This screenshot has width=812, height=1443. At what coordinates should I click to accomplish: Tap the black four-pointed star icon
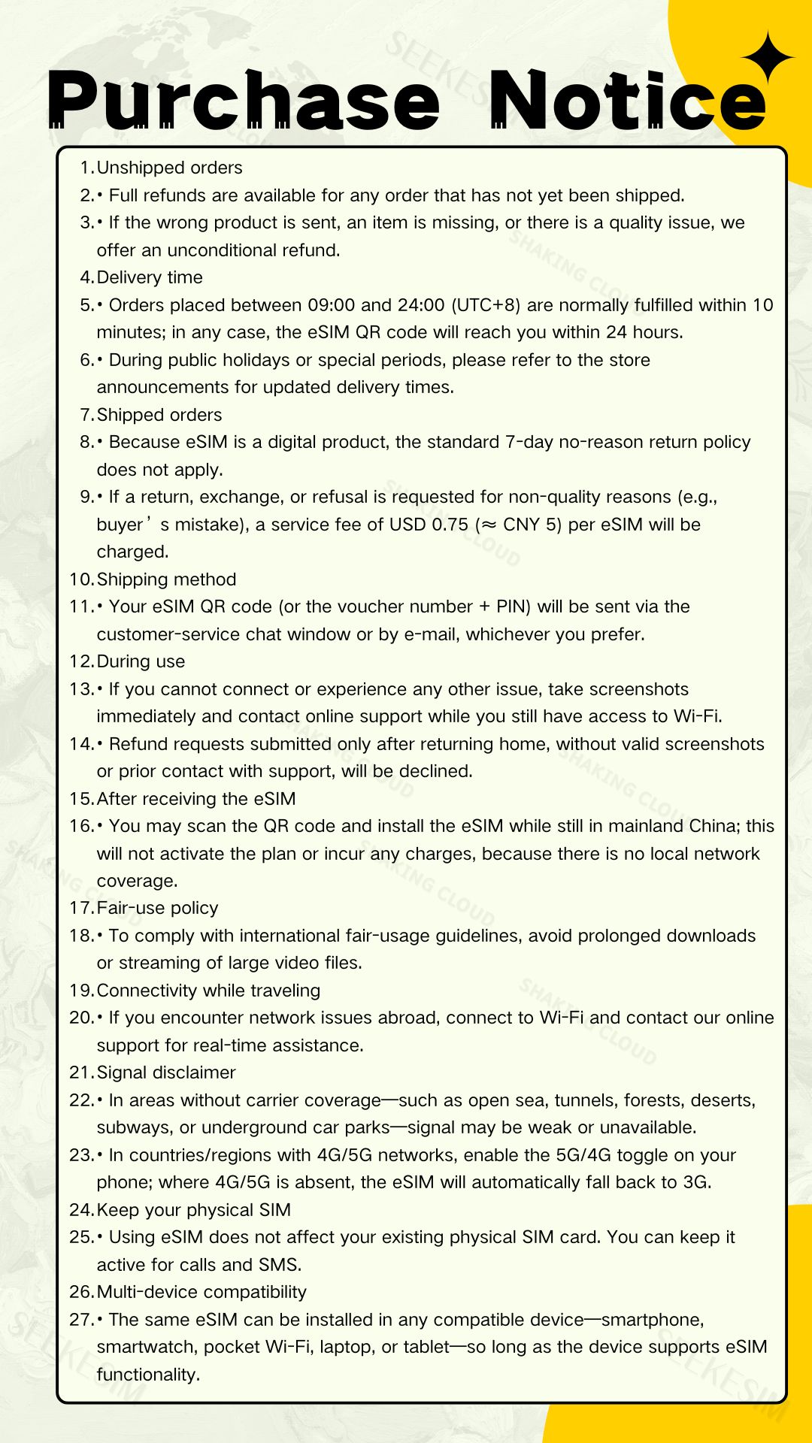coord(767,56)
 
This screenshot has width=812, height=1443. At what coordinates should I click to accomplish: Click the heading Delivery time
coord(150,277)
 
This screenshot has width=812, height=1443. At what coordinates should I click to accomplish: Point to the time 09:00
coord(331,305)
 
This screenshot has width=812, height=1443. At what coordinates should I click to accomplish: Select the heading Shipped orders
coord(159,415)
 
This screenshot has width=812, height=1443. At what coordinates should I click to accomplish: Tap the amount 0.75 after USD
coord(450,525)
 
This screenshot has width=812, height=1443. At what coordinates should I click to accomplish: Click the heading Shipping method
coord(166,579)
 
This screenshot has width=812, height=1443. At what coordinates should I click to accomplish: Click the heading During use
coord(141,661)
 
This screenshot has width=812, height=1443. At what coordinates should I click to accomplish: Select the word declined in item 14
coord(439,771)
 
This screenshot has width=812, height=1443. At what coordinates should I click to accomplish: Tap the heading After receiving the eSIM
coord(196,799)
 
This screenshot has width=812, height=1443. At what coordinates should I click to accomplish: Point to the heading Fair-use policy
coord(157,908)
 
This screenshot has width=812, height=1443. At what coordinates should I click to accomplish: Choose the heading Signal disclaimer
coord(166,1072)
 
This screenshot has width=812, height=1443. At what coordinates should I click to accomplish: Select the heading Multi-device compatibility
coord(201,1292)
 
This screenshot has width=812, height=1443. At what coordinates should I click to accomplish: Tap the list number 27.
coord(80,1320)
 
